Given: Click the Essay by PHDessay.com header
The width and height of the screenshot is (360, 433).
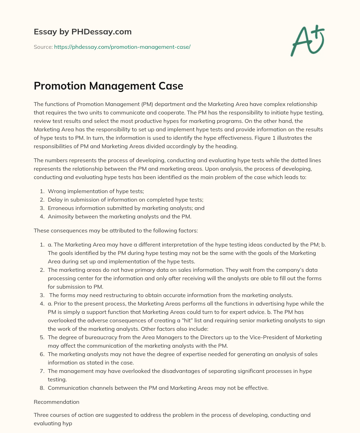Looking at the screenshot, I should [x=83, y=32].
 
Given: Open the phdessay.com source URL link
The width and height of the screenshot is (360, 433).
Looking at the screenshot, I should [x=122, y=47].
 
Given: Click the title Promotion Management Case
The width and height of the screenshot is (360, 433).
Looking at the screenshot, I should [x=108, y=86].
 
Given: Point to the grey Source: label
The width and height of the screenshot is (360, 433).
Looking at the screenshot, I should [x=43, y=47].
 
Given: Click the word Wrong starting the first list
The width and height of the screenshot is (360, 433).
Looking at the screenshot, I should [x=56, y=191].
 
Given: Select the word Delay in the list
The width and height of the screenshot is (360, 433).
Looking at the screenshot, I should [x=55, y=199].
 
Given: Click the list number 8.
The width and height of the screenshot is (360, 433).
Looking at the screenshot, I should [x=42, y=388].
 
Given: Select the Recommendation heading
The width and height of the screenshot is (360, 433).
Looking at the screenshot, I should [x=57, y=402].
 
